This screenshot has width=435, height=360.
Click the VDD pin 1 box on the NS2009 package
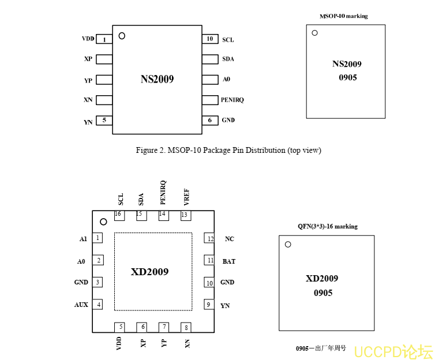[x=104, y=39]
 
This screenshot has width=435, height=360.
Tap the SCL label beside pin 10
[x=228, y=40]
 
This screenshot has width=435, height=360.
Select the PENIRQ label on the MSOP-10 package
[x=232, y=100]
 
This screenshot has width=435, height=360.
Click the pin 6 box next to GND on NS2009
[x=210, y=120]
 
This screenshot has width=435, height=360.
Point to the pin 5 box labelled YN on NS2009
[x=104, y=120]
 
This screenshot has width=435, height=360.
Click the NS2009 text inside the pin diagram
[x=157, y=80]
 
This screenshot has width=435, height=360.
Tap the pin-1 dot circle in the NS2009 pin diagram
[x=122, y=36]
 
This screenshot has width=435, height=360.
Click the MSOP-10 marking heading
[x=344, y=16]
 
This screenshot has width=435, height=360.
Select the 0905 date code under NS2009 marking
[x=347, y=77]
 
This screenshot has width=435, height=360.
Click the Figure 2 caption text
[x=228, y=151]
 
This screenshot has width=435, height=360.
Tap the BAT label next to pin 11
[x=229, y=261]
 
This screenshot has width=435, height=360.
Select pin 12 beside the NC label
[x=211, y=239]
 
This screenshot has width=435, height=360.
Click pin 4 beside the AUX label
[x=99, y=305]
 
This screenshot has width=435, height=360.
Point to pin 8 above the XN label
[x=186, y=328]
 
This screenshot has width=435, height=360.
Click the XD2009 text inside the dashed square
[x=149, y=272]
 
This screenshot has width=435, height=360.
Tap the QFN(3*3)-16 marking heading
[x=328, y=226]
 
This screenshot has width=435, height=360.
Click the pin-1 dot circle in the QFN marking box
[x=288, y=245]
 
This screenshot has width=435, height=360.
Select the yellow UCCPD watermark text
[x=393, y=351]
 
